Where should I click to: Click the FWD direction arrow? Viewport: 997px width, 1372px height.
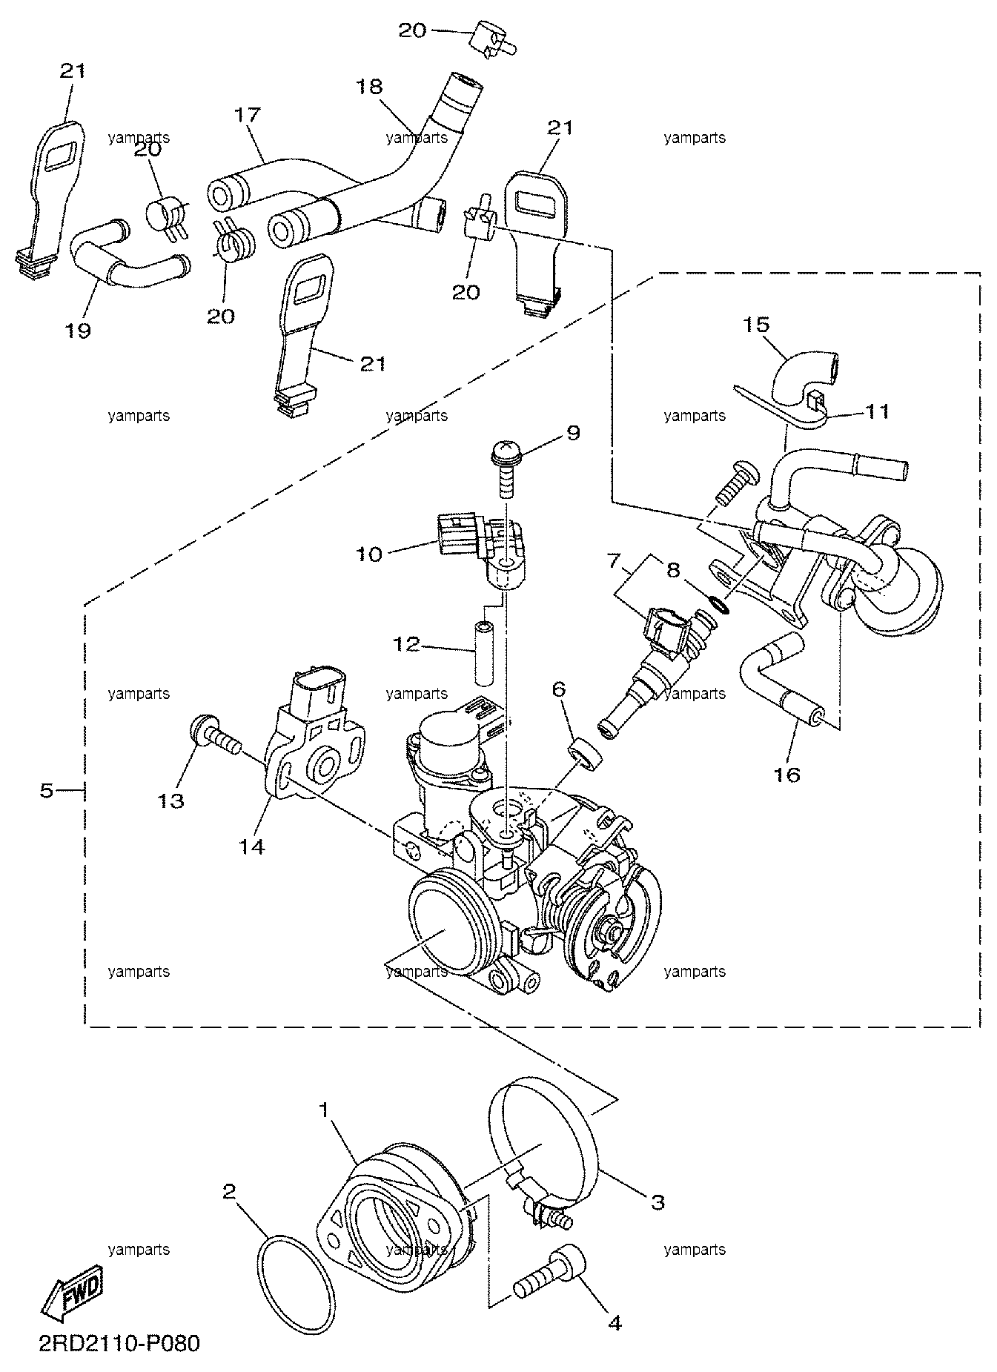72,1298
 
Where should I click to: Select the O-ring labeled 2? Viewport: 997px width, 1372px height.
293,1277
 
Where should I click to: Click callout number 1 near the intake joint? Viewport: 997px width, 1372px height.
323,1110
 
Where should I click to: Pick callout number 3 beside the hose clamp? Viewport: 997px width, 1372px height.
658,1202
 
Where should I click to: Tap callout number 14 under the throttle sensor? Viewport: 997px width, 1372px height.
251,846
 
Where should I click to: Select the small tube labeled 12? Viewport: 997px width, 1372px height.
483,648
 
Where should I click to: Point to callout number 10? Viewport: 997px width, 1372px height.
368,554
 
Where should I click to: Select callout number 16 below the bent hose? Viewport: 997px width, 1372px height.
787,775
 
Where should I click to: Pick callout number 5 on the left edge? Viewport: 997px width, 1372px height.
47,791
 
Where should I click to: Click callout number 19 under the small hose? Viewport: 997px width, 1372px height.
78,330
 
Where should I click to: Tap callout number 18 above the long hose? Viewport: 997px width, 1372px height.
369,86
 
